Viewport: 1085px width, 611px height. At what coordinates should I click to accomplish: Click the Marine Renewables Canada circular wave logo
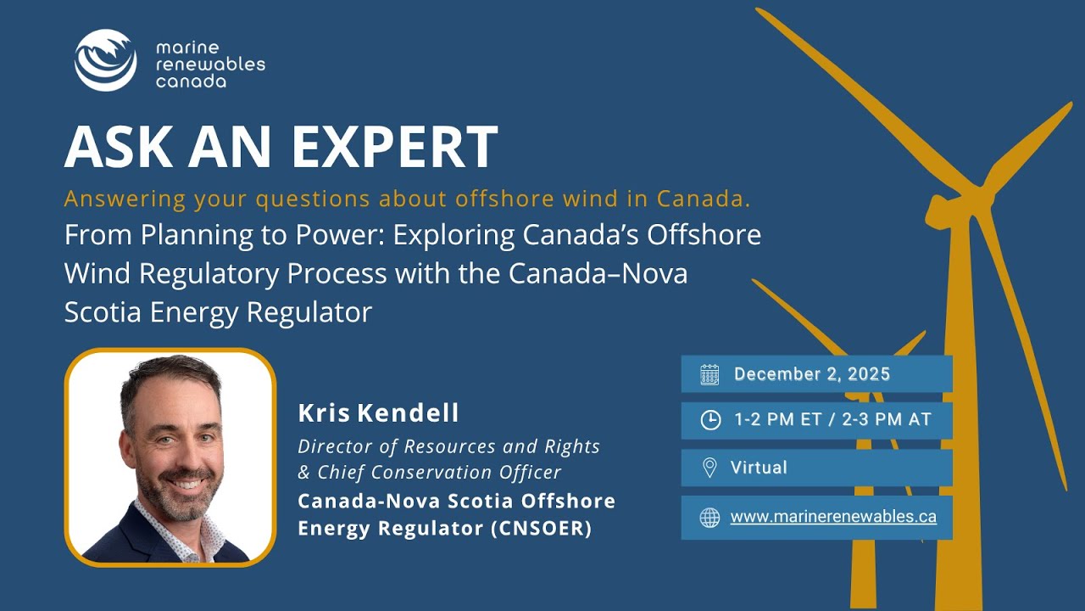pos(105,60)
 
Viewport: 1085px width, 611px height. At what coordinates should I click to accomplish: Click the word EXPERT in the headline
pos(394,146)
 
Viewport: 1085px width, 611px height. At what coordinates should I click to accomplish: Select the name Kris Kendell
pos(378,413)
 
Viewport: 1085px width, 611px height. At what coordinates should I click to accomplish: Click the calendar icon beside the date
pos(709,374)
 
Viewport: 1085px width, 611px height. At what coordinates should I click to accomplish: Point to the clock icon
pos(709,420)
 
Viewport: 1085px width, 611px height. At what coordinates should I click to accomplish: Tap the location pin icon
pos(709,468)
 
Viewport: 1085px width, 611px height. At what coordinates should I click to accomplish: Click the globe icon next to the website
pos(709,517)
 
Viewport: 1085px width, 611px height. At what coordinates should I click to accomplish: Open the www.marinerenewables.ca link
pos(833,516)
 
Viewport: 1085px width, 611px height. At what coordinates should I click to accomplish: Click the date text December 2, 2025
pos(811,374)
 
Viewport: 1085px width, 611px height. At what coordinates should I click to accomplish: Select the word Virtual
pos(759,468)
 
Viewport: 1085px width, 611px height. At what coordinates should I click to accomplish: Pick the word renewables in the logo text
pos(210,64)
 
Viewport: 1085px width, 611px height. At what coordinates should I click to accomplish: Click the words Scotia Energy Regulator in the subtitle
pos(218,312)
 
